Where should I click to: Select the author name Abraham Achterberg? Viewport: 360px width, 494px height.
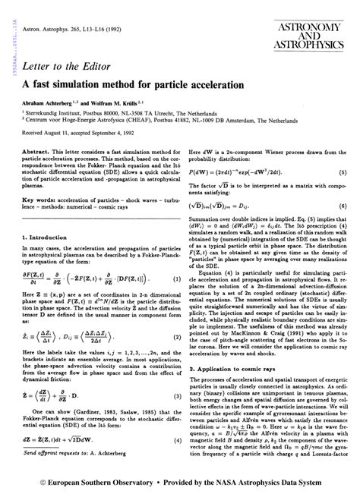tap(51, 102)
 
